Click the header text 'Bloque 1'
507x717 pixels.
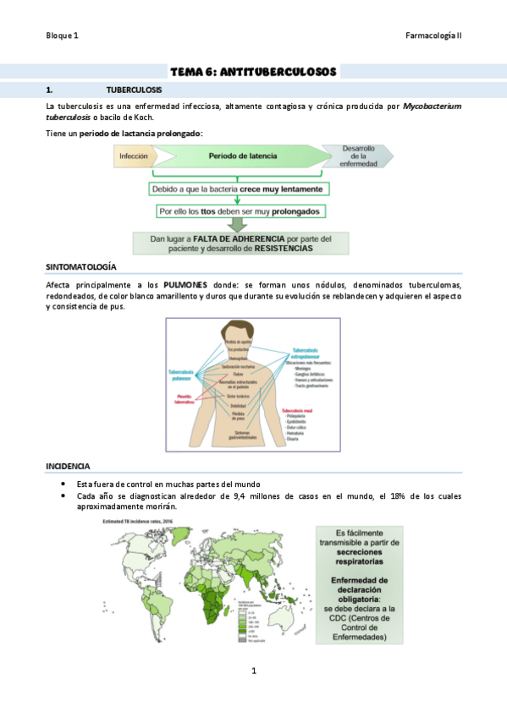62,36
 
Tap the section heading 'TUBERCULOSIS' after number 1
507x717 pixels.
135,89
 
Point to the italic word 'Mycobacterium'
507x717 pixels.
432,107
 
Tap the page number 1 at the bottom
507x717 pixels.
253,670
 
